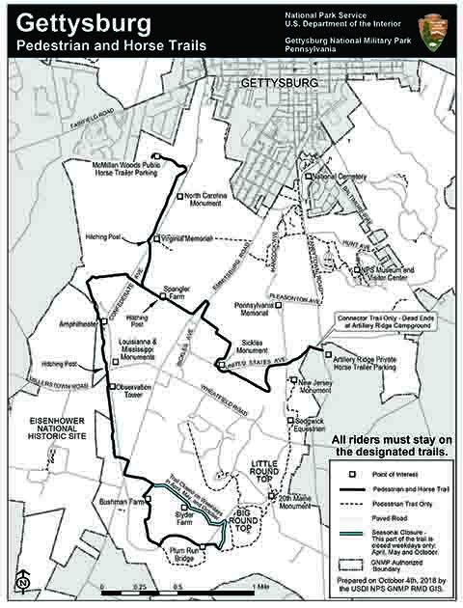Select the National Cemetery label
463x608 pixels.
[340, 178]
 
